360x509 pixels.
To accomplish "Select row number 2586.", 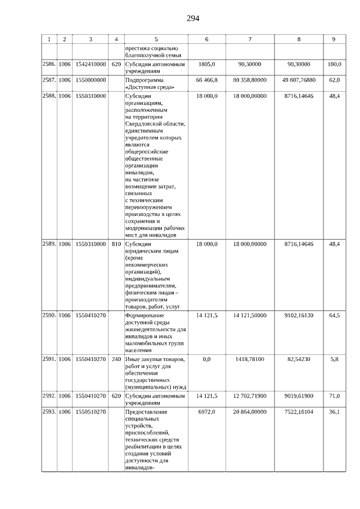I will pos(49,65).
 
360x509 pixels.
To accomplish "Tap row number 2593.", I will pos(49,412).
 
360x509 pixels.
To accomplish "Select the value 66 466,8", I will pos(206,80).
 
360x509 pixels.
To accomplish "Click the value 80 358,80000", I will pos(250,80).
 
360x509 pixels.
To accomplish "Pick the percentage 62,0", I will pos(334,80).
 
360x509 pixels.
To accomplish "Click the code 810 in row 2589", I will pos(116,244).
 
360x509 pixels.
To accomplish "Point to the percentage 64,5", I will pos(334,316).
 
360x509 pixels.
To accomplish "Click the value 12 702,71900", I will pos(250,397).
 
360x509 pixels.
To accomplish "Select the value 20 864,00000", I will pos(250,412).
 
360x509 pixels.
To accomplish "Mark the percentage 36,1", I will pos(334,412).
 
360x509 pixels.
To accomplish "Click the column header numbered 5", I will pos(156,39).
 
